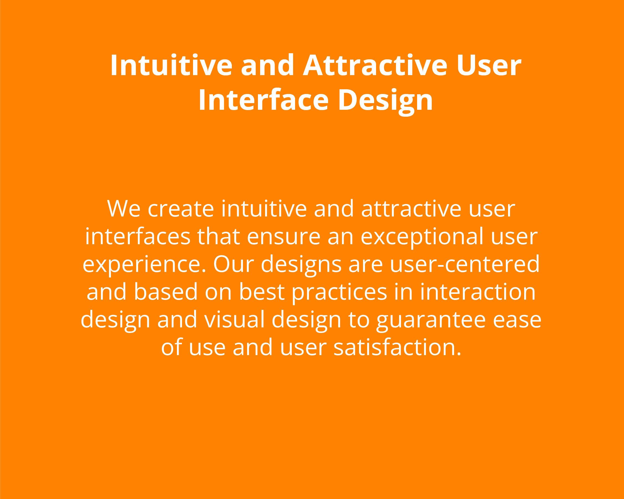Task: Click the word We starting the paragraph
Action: (124, 208)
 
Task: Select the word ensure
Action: (284, 237)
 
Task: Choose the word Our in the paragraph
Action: (234, 264)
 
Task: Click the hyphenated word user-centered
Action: (465, 264)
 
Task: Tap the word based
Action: (166, 292)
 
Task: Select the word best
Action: (262, 292)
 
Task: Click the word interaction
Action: (478, 292)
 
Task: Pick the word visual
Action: (234, 319)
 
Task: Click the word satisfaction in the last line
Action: (397, 347)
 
